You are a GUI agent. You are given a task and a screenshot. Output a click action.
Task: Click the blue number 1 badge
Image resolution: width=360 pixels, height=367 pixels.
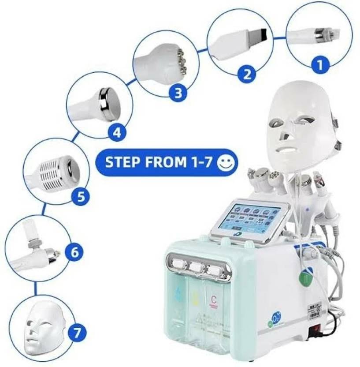click(320, 66)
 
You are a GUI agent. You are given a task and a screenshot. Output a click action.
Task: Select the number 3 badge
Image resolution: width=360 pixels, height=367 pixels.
click(178, 93)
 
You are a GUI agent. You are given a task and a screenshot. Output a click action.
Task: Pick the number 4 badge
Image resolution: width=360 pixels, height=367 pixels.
click(116, 132)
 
